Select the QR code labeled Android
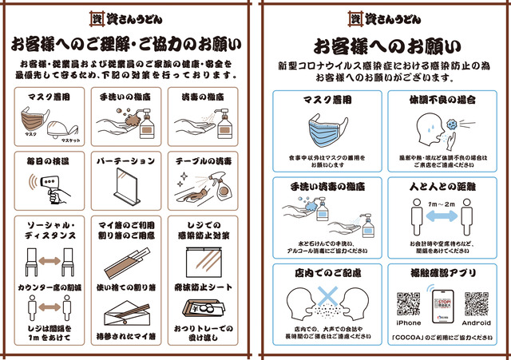coord(476,304)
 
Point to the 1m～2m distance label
coord(442,204)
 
